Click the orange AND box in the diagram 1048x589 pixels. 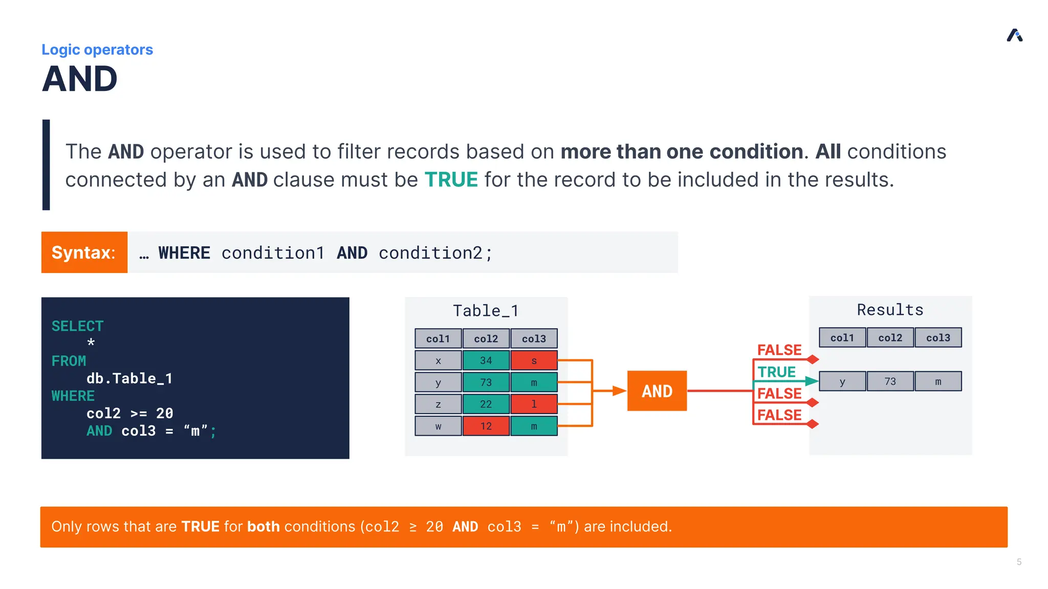(657, 391)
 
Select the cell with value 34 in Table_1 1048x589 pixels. (486, 360)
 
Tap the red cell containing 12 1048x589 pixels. (486, 426)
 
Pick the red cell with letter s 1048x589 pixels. (534, 360)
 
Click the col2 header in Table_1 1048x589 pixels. (486, 338)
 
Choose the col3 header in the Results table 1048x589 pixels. (937, 337)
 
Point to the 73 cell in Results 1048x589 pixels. (890, 381)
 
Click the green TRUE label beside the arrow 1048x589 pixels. (776, 372)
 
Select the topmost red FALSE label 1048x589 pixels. (779, 350)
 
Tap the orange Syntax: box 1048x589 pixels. (84, 252)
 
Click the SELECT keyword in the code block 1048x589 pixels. (77, 326)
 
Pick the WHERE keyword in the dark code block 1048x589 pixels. (73, 396)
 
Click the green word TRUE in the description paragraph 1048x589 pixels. (451, 179)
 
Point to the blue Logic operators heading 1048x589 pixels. (97, 50)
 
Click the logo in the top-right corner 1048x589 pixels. (1014, 35)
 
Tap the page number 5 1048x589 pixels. (1019, 562)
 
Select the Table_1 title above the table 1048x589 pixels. (486, 310)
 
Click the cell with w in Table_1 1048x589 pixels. (438, 426)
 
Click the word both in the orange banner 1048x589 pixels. (263, 526)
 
